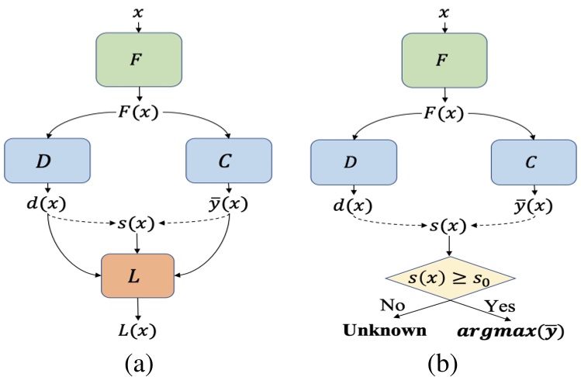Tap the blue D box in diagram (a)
(x=49, y=161)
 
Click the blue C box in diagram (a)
(x=230, y=161)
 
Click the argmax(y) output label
(x=512, y=331)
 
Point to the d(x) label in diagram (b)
(x=354, y=207)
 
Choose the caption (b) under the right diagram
(x=443, y=361)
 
